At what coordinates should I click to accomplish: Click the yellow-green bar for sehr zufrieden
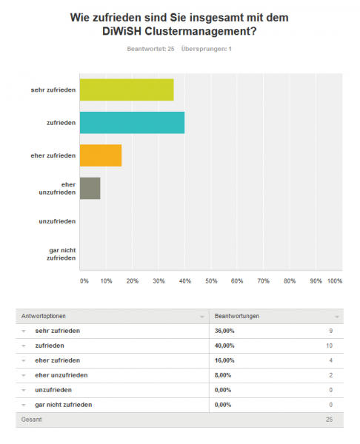[x=127, y=90]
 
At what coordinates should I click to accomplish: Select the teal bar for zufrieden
[x=132, y=123]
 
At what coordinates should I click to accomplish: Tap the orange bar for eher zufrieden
[x=101, y=155]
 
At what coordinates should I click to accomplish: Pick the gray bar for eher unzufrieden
[x=90, y=188]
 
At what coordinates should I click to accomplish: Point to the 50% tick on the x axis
[x=211, y=281]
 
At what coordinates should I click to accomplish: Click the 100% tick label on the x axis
[x=335, y=281]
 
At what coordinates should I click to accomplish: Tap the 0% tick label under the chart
[x=84, y=281]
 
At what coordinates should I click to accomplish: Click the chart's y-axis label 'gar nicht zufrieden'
[x=61, y=254]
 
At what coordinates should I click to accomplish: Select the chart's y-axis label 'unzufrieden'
[x=57, y=221]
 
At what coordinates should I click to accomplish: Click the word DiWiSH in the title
[x=122, y=31]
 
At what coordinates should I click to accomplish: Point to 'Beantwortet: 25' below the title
[x=150, y=49]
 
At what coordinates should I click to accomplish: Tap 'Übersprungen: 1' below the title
[x=207, y=49]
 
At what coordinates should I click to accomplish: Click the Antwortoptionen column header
[x=44, y=316]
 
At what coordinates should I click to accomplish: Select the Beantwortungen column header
[x=237, y=316]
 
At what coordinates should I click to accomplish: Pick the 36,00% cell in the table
[x=224, y=331]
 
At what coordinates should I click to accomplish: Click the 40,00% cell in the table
[x=224, y=346]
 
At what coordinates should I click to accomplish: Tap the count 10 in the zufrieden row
[x=329, y=346]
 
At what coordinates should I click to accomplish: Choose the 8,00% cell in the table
[x=223, y=375]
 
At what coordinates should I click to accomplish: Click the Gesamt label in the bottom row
[x=31, y=420]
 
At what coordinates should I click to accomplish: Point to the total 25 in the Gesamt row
[x=329, y=420]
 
